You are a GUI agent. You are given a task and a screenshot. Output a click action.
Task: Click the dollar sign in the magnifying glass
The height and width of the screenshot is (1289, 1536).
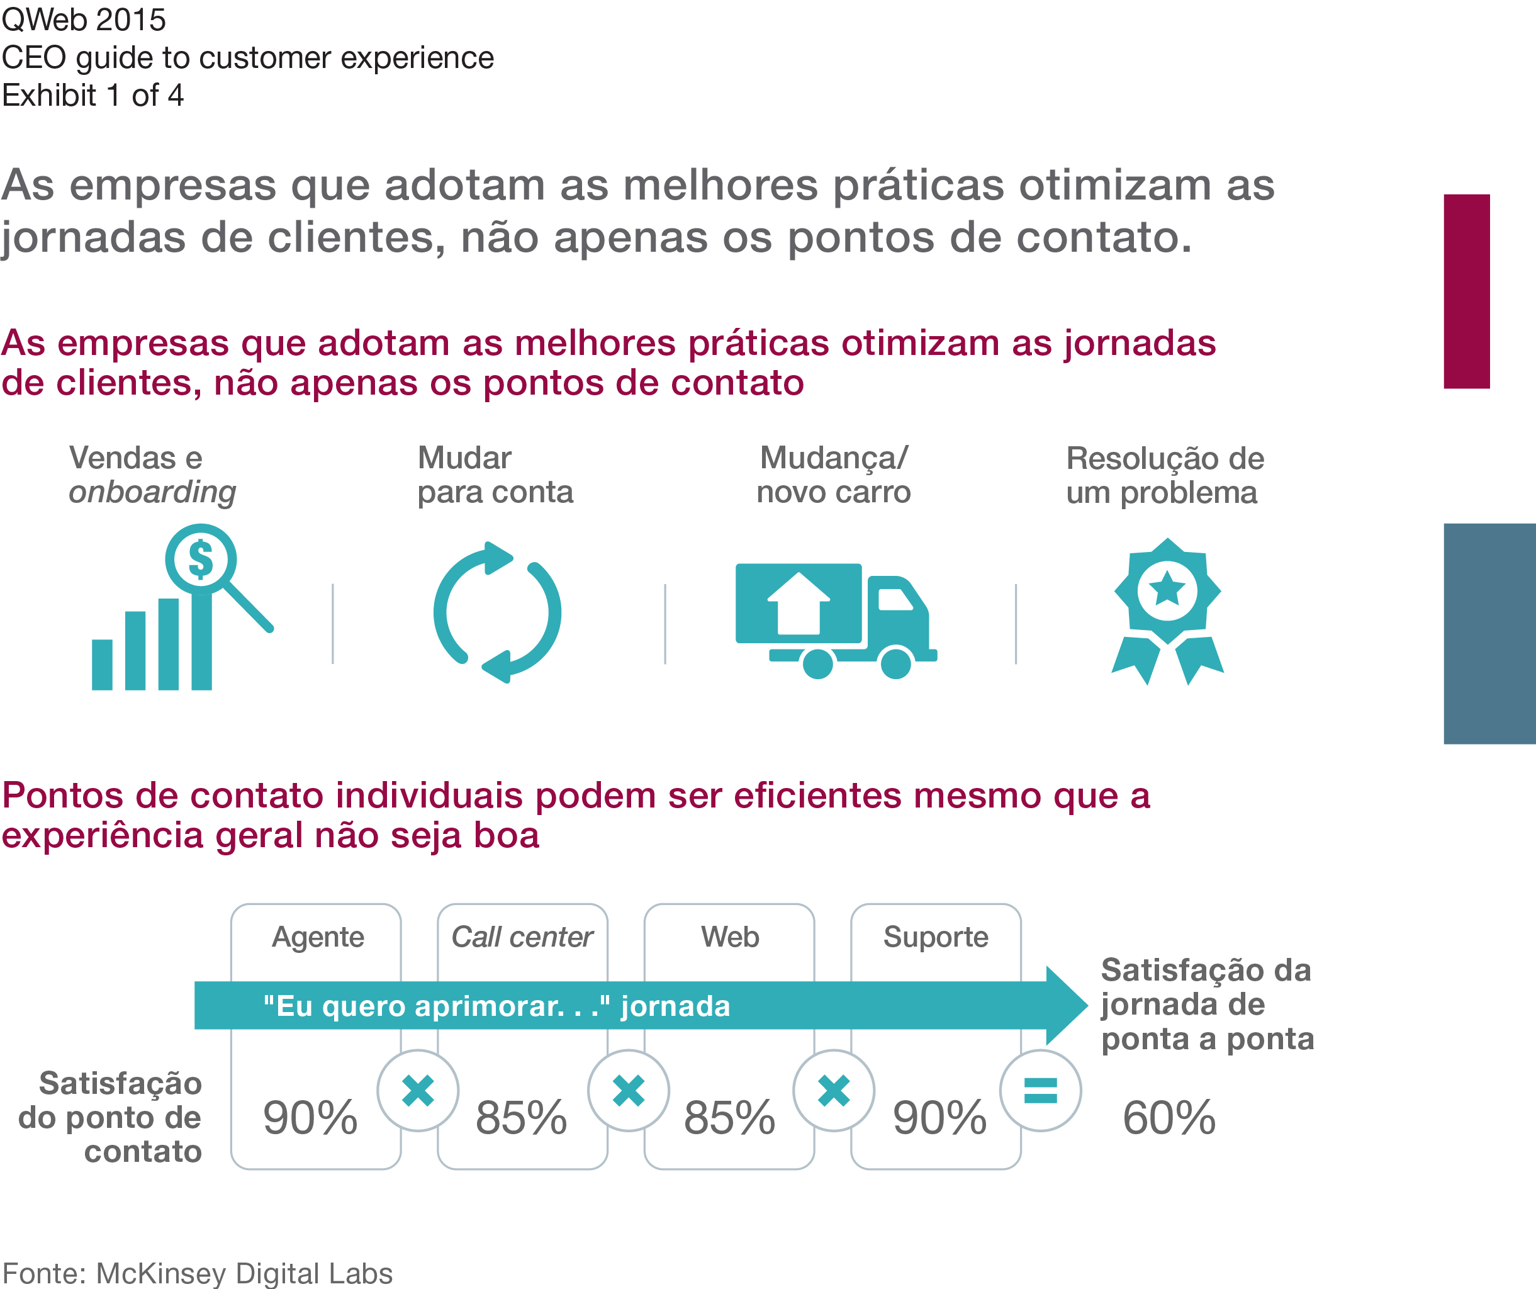click(200, 560)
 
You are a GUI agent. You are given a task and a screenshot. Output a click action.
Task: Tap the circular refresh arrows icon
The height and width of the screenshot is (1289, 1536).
click(497, 613)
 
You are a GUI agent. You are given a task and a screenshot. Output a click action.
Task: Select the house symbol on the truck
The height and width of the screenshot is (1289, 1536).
click(798, 604)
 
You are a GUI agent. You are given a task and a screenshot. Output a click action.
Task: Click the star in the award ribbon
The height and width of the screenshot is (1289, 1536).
click(1167, 589)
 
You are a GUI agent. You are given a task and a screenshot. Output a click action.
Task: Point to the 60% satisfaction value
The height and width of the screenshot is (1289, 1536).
click(1169, 1117)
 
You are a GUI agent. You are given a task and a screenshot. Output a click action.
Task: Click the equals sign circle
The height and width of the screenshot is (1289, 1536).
click(1040, 1091)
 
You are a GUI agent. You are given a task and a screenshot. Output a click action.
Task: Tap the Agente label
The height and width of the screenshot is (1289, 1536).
click(317, 937)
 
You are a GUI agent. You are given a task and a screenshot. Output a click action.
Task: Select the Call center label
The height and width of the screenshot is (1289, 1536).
click(522, 937)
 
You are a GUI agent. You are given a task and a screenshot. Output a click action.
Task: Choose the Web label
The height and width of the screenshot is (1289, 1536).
click(730, 937)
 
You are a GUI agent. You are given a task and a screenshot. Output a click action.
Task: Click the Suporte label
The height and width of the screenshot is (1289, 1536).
click(936, 937)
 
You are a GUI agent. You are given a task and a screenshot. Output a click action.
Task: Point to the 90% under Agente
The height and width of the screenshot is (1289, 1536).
click(310, 1117)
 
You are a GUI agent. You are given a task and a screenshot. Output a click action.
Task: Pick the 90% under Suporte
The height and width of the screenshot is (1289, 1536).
click(940, 1117)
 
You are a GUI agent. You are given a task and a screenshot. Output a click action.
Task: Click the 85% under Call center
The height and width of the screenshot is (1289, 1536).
click(521, 1117)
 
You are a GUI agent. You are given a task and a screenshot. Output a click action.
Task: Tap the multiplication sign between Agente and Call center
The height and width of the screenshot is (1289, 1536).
click(418, 1091)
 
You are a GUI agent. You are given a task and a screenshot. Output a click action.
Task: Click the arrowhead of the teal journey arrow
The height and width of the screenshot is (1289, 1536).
click(1065, 1005)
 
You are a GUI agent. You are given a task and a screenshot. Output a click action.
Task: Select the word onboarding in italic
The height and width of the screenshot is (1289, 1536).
click(152, 492)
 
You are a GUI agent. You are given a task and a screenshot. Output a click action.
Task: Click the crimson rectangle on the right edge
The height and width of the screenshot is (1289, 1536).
click(1467, 291)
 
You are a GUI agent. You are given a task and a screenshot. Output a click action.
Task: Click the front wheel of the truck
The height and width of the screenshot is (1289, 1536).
click(895, 663)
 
